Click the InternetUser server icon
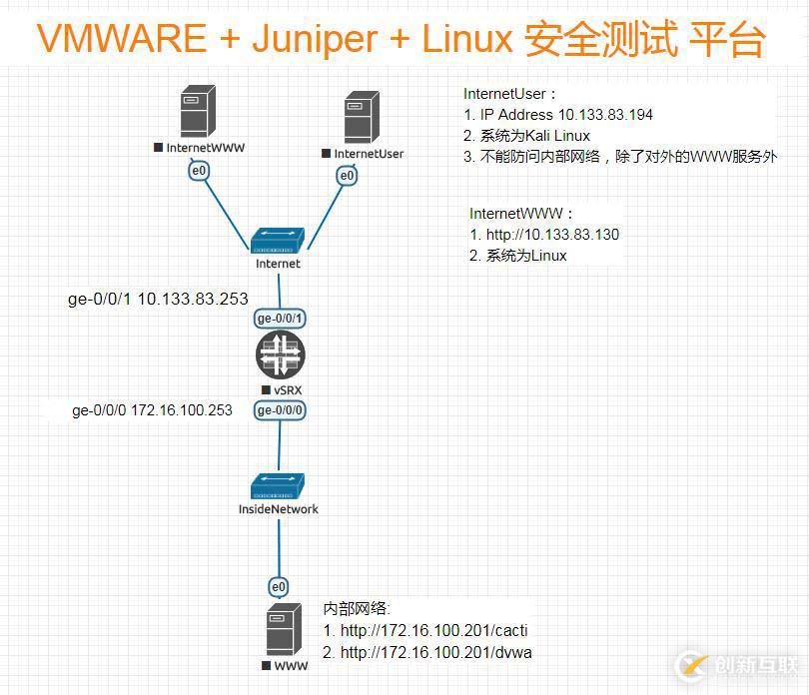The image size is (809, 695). point(361,118)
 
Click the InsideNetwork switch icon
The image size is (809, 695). point(278,486)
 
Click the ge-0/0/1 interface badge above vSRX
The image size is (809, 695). point(281,319)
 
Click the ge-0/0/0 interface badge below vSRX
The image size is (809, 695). point(281,410)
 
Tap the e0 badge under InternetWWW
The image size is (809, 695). point(200,172)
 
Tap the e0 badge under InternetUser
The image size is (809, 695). point(347,176)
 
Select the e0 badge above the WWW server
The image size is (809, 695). point(280,586)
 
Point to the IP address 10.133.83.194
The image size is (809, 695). point(604,115)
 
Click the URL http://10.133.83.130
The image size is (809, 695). point(551,235)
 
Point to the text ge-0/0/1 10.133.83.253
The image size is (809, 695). point(158,299)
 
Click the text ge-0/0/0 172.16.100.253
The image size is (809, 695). point(152,410)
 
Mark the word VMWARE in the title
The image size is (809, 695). point(122,39)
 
